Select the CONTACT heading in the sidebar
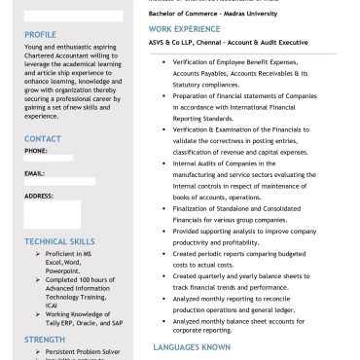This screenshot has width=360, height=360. [x=42, y=139]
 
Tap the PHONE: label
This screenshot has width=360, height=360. [x=36, y=151]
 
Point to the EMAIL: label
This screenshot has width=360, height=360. [x=35, y=173]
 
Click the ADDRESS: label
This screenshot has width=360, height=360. [x=39, y=196]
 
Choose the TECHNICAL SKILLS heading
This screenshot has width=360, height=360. [x=60, y=240]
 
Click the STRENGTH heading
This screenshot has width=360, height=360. [x=45, y=339]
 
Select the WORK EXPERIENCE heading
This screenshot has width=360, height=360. [x=185, y=30]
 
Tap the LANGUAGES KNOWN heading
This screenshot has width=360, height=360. [x=192, y=346]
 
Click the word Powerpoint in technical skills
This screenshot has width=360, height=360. [x=65, y=270]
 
